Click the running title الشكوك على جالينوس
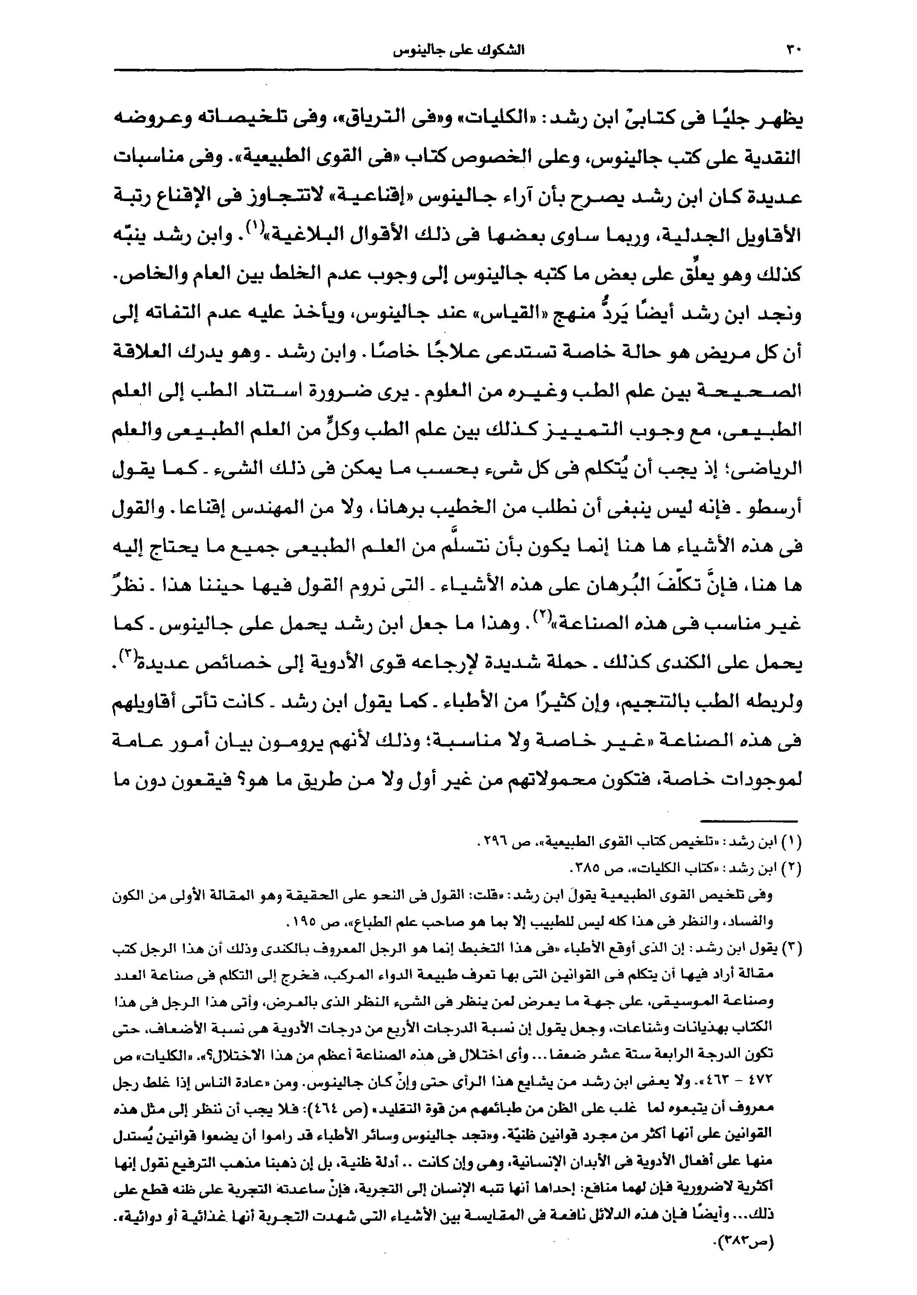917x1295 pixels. click(x=458, y=51)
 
